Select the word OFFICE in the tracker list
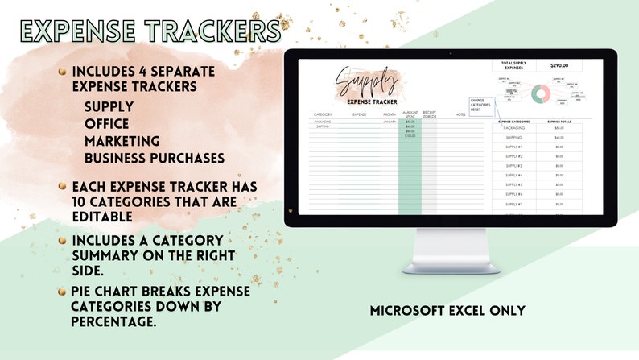coord(106,123)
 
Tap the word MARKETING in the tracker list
coord(122,141)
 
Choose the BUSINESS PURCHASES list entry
coord(154,158)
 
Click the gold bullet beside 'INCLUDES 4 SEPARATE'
coord(62,72)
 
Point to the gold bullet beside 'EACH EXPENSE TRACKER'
coord(62,186)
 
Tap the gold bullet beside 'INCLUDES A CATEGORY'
coord(62,240)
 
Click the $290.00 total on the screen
coord(559,66)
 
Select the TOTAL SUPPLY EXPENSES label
coord(513,66)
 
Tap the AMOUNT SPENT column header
coord(410,114)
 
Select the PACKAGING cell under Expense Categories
coord(513,128)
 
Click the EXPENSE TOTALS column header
coord(559,121)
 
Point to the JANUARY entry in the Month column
coord(390,122)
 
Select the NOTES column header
coord(460,114)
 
